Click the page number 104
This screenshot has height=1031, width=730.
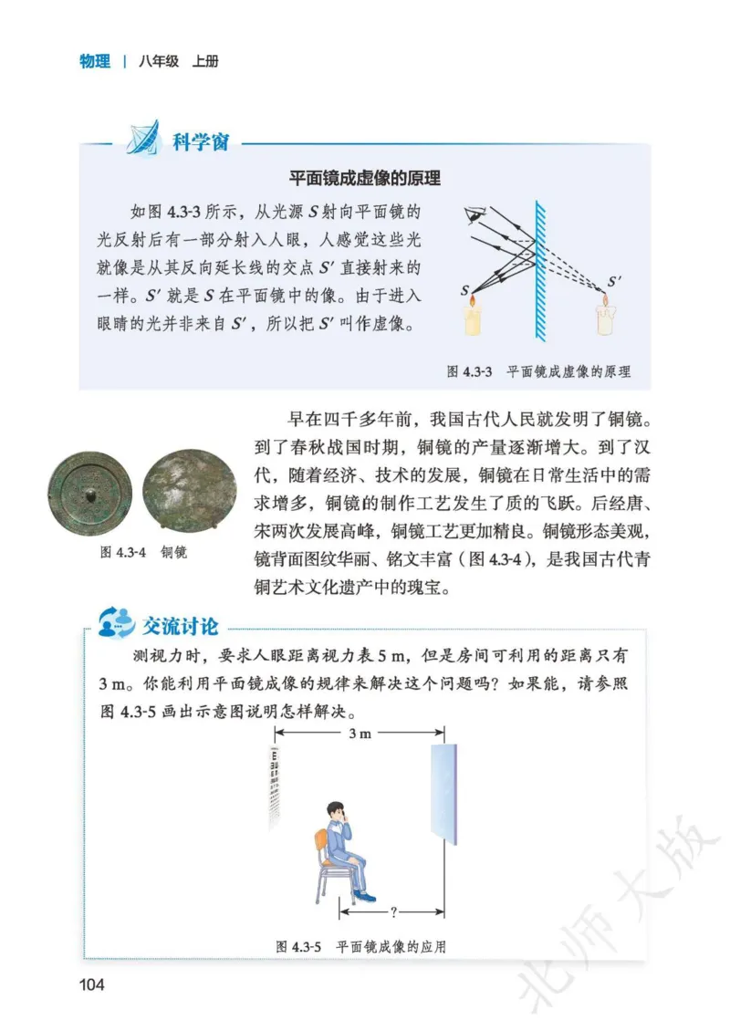point(93,984)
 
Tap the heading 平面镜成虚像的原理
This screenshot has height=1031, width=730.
point(364,178)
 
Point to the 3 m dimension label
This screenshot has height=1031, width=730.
point(360,733)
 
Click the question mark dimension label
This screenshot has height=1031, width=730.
point(391,910)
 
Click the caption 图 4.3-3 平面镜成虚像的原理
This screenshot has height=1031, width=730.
point(538,372)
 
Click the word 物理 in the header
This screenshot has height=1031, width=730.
point(94,62)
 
